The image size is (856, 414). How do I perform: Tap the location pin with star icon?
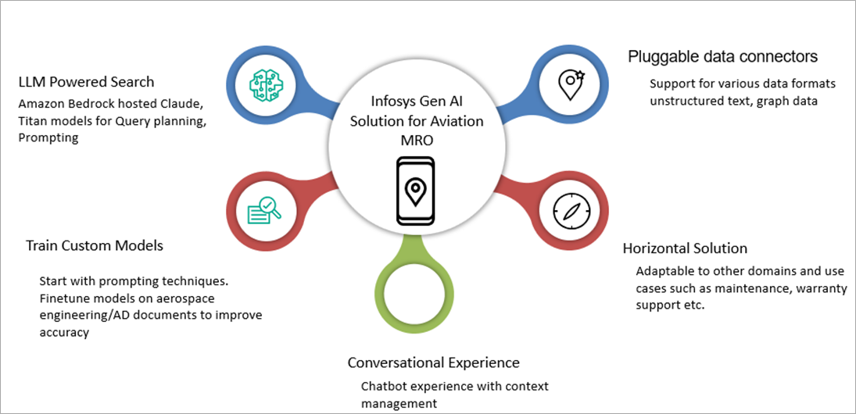click(571, 82)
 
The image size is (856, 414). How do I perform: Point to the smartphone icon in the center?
click(414, 191)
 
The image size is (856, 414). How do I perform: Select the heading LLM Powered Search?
click(87, 82)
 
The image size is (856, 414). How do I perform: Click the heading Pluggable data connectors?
click(723, 57)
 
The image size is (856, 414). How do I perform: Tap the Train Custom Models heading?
click(95, 245)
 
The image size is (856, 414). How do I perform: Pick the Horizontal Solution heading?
click(685, 248)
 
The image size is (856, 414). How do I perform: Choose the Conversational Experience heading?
click(433, 362)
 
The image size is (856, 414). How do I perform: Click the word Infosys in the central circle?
click(392, 102)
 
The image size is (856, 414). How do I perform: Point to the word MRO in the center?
click(416, 140)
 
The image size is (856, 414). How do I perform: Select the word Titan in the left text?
click(34, 120)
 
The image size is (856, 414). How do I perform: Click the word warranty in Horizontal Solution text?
click(776, 288)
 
